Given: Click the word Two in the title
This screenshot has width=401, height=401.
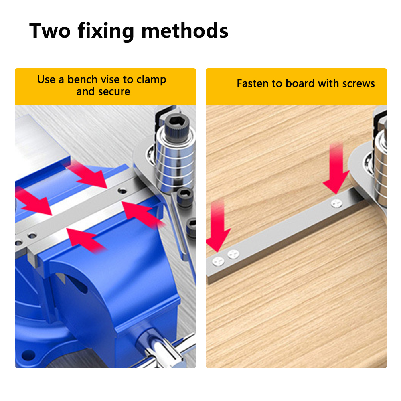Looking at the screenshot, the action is coord(50,31).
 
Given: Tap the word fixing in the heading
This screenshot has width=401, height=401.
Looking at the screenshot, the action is coord(106,31).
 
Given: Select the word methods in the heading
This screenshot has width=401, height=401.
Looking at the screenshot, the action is coord(184,31).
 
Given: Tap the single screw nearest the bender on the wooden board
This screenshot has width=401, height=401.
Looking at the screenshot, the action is coord(336,203).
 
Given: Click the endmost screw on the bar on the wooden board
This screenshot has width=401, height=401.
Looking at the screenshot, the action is coord(218,261).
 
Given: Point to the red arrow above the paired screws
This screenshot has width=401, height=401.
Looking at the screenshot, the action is coord(218,225).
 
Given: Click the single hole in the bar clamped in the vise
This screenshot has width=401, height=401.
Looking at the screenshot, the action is coord(122,191).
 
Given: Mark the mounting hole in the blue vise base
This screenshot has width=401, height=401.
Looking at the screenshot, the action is coord(28,355).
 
